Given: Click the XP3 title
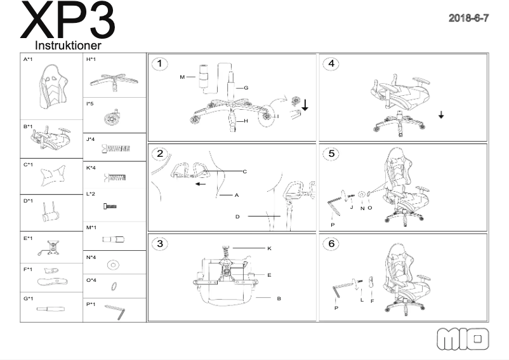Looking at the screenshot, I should pos(69,22).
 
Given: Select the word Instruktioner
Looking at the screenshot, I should pos(68,46).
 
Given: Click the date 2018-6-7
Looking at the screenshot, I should pos(468,18).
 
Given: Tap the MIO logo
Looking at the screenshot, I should pos(463,338).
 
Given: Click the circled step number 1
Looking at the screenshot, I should pos(161,63).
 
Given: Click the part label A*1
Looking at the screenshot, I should pos(28,60).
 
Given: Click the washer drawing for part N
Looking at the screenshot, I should pos(113,263).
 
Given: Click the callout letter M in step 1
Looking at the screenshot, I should pos(182,77).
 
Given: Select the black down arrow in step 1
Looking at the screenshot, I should pos(305,104).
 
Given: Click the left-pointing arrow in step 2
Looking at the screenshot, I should pos(200,185).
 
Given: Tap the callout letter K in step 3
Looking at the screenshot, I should pos(269,248).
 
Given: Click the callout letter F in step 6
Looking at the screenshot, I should pos(372,300).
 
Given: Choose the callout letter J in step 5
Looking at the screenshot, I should pos(351,206).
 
